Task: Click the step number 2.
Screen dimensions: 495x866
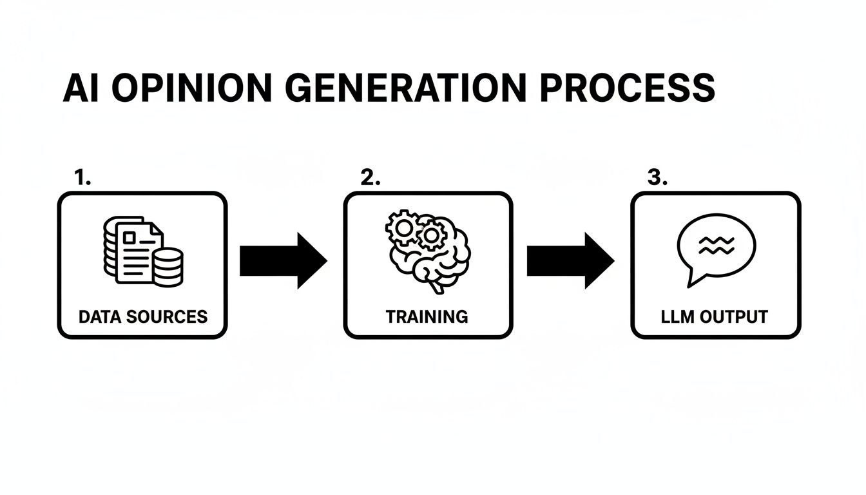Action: click(370, 179)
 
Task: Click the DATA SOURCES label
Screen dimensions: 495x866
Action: click(142, 316)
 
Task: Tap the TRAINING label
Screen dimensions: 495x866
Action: click(427, 316)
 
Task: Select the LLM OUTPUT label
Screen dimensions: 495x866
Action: click(715, 316)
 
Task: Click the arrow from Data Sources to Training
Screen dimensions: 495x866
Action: click(284, 260)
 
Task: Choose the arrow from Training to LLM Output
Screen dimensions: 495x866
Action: click(570, 260)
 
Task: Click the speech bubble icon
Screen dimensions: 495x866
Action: click(715, 248)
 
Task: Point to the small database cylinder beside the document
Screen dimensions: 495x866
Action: click(168, 267)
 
